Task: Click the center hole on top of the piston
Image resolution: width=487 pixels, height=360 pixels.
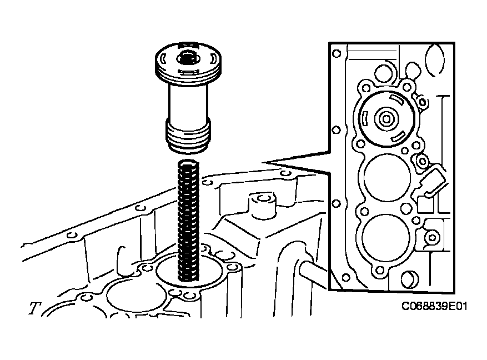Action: point(187,57)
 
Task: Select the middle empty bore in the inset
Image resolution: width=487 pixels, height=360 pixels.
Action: point(387,178)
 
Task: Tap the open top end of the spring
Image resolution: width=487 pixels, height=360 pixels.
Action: point(189,164)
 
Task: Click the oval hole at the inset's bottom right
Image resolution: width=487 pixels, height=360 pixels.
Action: point(410,281)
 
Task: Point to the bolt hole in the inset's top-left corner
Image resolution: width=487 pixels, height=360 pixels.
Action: point(335,54)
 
